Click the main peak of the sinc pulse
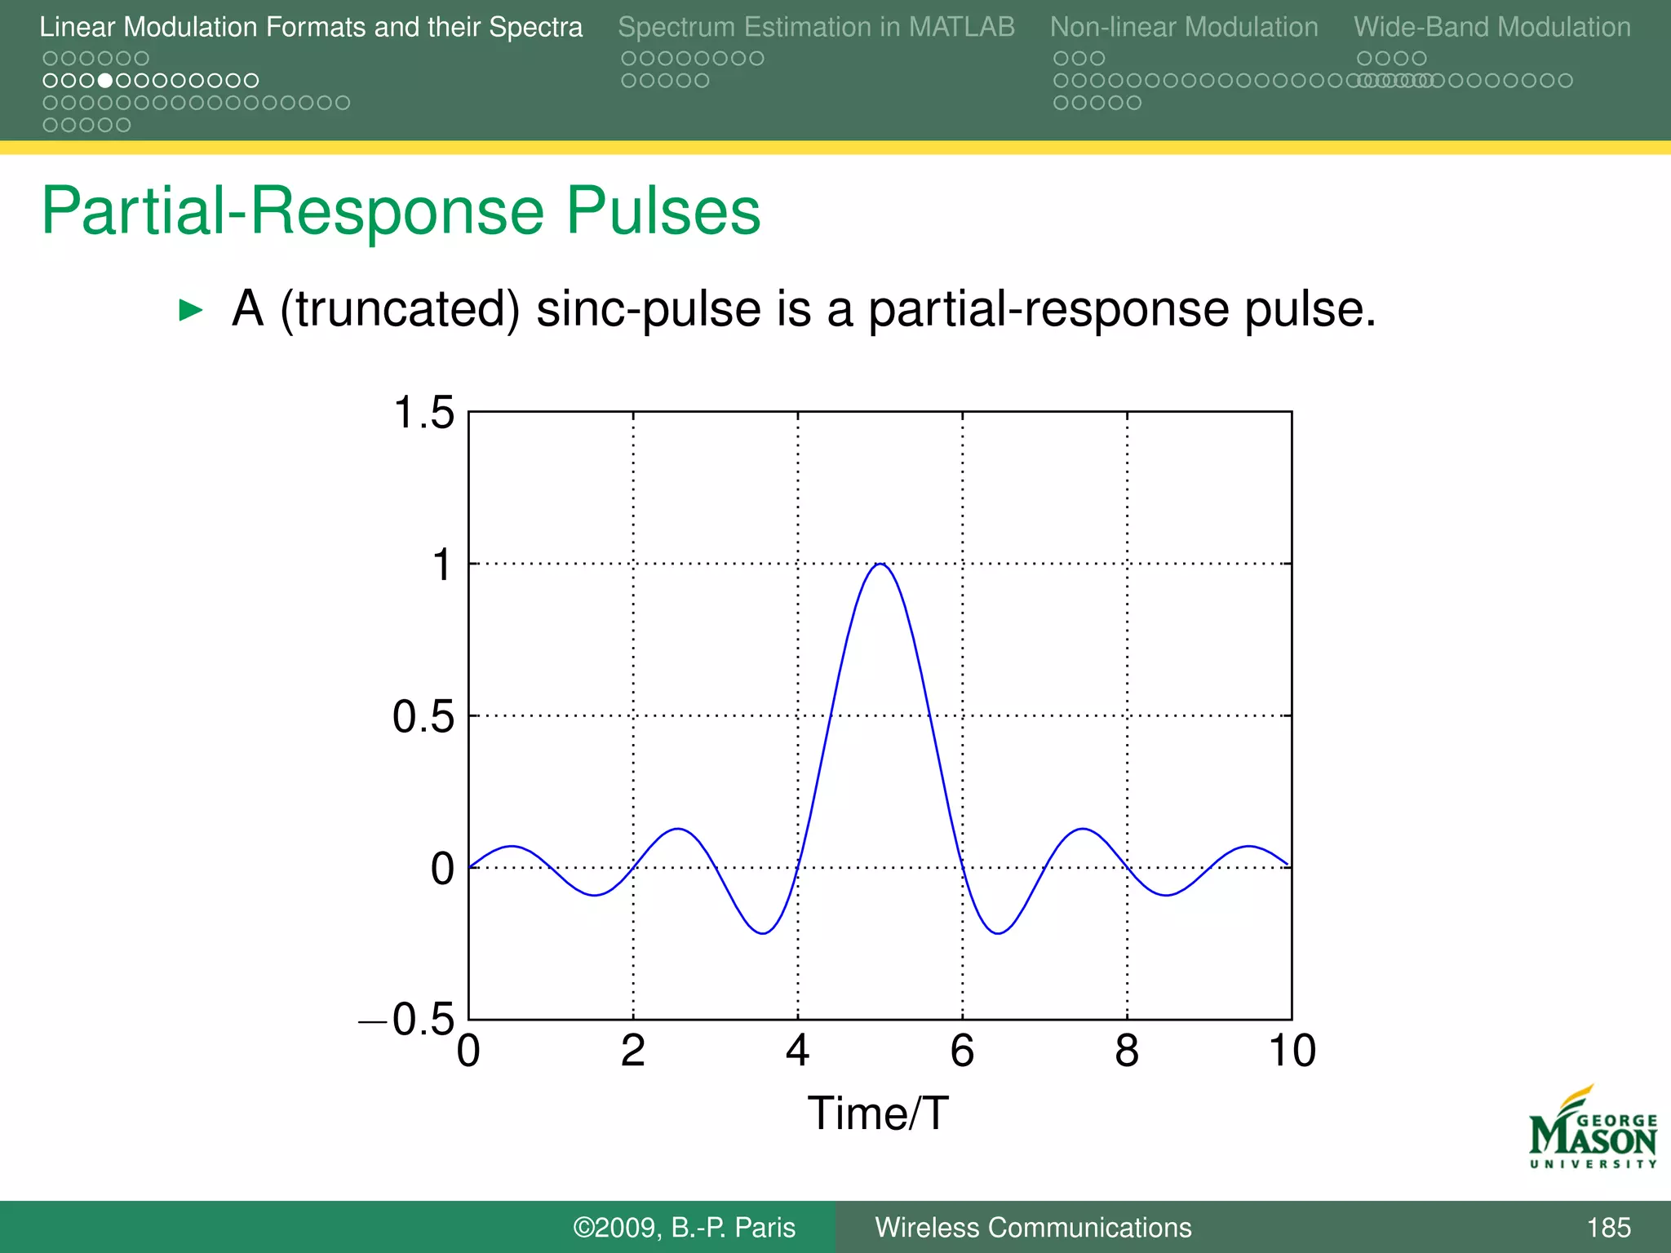click(880, 565)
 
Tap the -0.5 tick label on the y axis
click(408, 1019)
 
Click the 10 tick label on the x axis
click(1292, 1051)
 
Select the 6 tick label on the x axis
click(962, 1051)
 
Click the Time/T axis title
click(878, 1114)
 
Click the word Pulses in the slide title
click(663, 211)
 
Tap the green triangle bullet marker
click(190, 310)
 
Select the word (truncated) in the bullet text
click(400, 310)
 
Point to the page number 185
click(1608, 1228)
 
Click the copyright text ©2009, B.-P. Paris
click(684, 1228)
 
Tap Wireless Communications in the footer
click(1033, 1228)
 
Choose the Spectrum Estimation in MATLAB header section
click(816, 27)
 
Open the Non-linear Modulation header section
click(1183, 27)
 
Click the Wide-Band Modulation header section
click(1491, 27)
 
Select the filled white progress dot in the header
click(105, 81)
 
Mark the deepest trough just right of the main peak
click(998, 932)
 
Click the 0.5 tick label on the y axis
click(423, 717)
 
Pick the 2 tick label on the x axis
click(633, 1051)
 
